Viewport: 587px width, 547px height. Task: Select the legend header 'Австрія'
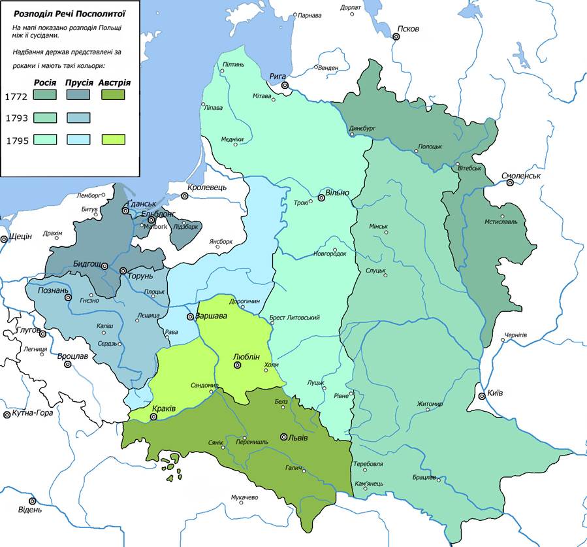tap(115, 83)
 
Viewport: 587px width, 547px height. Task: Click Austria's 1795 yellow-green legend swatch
tap(115, 139)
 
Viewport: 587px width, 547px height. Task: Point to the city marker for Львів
tap(284, 437)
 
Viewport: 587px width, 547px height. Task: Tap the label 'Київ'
tap(496, 394)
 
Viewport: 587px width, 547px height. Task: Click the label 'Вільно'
tap(338, 193)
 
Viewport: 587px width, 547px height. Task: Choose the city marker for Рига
tap(285, 86)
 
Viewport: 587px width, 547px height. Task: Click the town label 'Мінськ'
tap(379, 227)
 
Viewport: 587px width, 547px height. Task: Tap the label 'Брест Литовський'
tap(294, 318)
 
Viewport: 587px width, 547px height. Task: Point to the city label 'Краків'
tap(164, 408)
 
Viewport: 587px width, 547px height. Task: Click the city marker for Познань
tap(67, 297)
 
